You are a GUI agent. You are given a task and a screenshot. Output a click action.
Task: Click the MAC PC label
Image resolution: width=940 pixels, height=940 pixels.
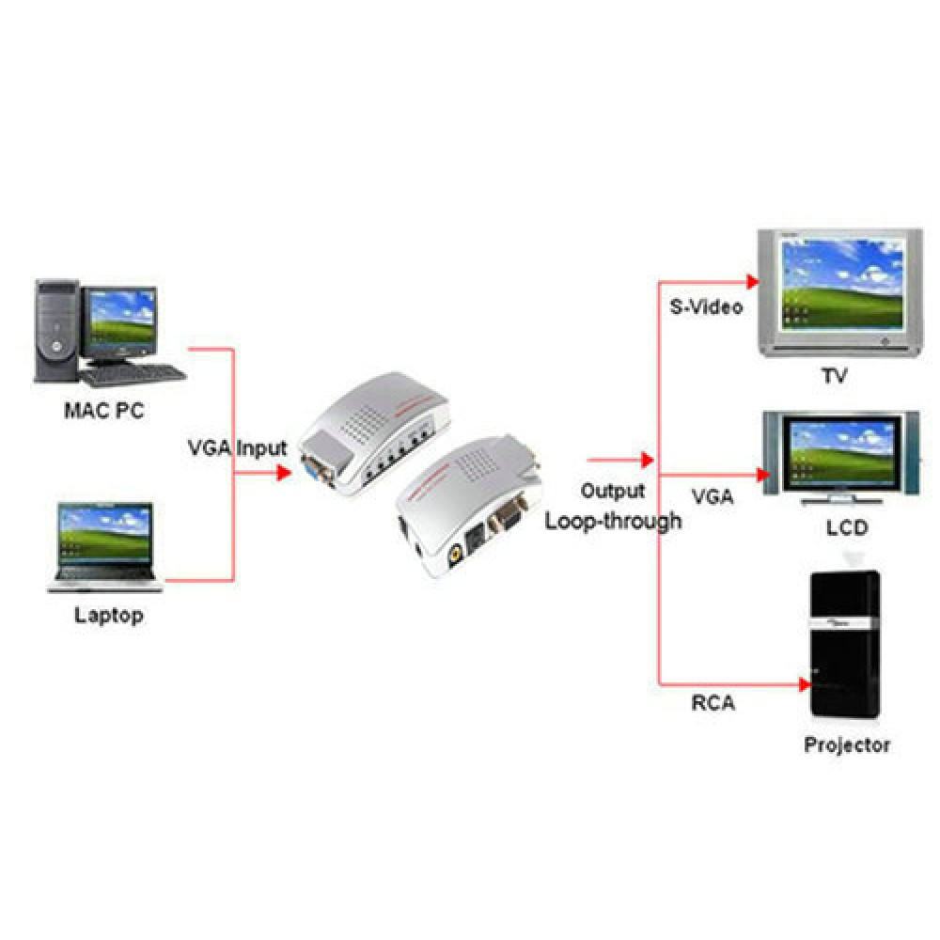[104, 410]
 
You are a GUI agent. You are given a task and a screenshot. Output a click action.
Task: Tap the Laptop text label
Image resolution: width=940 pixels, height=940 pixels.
[109, 616]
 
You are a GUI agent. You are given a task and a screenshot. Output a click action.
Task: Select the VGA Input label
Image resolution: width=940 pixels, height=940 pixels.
[236, 447]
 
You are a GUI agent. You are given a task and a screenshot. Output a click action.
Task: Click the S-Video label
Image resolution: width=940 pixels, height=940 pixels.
[706, 306]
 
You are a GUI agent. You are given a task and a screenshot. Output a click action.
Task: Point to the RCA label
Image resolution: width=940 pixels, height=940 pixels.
[713, 702]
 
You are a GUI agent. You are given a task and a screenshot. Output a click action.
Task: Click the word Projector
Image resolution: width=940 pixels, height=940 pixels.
[846, 744]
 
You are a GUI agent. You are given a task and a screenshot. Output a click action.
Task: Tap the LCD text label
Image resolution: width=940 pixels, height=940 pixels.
[847, 527]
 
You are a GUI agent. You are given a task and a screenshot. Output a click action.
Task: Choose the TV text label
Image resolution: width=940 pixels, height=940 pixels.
[834, 376]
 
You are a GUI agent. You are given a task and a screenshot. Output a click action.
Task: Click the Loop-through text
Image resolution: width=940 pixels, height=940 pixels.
[614, 520]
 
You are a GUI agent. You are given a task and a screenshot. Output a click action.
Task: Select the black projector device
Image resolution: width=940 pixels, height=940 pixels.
[846, 649]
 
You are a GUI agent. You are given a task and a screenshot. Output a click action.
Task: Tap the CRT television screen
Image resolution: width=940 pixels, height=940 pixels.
[838, 283]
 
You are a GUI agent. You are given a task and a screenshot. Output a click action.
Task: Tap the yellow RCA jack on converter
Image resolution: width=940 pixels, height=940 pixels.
[454, 555]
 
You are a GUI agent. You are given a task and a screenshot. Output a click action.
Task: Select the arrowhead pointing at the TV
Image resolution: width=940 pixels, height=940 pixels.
[751, 281]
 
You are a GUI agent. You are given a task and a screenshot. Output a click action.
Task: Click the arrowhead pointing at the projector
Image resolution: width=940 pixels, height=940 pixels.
[804, 683]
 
